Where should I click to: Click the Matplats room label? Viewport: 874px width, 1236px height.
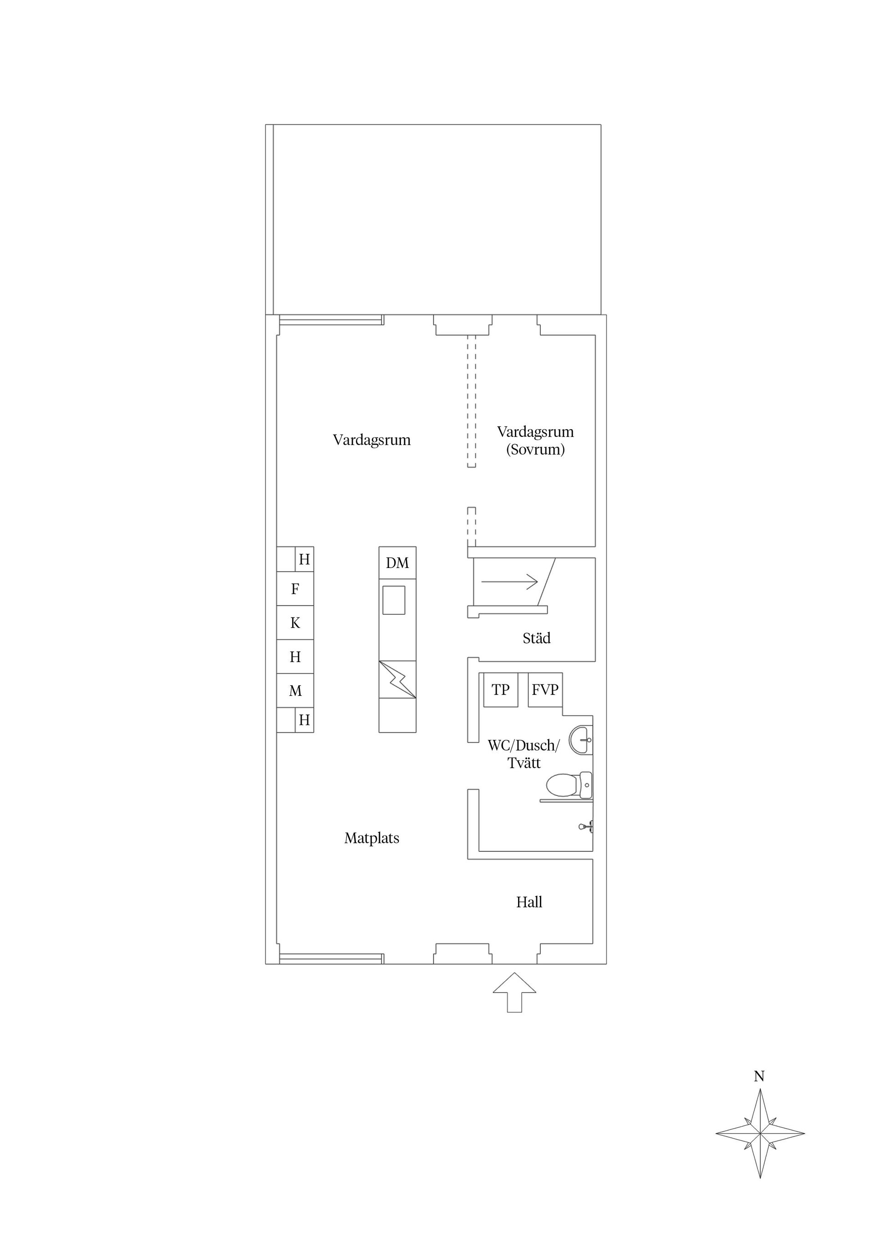point(371,838)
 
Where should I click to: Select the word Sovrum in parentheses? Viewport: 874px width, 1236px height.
point(535,450)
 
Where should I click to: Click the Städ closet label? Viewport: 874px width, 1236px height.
point(536,638)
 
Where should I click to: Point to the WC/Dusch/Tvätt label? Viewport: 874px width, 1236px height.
point(523,754)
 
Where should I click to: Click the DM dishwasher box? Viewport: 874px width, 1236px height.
point(397,563)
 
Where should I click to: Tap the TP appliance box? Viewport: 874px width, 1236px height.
point(500,689)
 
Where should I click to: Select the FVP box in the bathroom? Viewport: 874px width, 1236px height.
point(545,689)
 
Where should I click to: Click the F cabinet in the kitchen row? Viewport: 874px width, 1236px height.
point(295,589)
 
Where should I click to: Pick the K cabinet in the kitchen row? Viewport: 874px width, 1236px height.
point(295,623)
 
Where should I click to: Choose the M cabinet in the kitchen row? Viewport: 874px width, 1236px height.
point(295,691)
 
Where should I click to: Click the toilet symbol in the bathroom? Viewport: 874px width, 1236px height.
point(568,785)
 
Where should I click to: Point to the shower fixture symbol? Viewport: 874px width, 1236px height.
point(586,826)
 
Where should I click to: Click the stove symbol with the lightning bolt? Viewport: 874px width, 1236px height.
point(397,679)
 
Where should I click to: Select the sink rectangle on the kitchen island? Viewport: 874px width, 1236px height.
point(394,600)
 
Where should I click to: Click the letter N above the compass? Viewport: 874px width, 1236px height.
point(759,1076)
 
